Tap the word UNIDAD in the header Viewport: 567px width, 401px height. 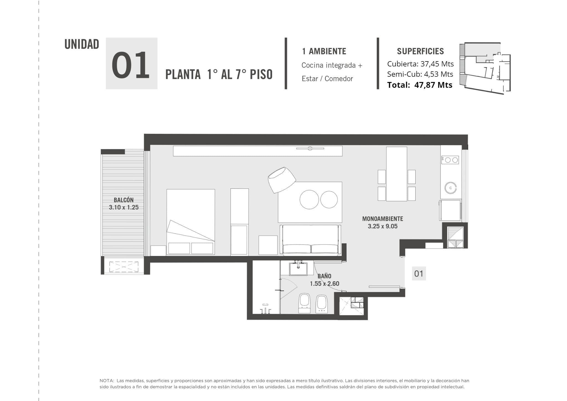tap(82, 44)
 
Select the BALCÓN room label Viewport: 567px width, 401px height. tap(123, 200)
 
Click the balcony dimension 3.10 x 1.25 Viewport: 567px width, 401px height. tap(123, 207)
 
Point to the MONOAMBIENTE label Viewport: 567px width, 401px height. tap(383, 219)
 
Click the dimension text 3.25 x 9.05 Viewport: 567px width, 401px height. tap(383, 226)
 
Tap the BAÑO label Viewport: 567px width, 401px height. tap(324, 276)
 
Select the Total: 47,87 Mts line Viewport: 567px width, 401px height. tap(420, 85)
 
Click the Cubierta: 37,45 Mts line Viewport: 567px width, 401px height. tap(420, 64)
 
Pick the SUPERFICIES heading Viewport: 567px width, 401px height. tap(420, 51)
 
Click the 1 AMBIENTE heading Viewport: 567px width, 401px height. tap(324, 51)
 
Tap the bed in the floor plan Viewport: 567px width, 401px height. tap(191, 222)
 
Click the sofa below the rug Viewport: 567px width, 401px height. tap(310, 240)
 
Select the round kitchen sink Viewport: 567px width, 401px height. tap(450, 188)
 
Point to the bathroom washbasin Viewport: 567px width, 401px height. tap(298, 269)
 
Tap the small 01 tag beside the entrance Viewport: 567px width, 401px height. tap(419, 274)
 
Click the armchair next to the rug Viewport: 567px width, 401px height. tap(282, 180)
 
